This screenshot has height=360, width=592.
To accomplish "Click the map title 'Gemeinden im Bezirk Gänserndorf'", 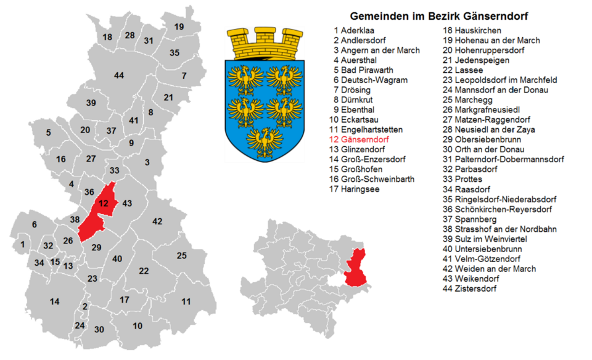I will pyautogui.click(x=439, y=15).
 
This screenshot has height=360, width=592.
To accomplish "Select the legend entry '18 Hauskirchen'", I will pyautogui.click(x=472, y=30).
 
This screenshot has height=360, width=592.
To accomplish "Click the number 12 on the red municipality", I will pyautogui.click(x=104, y=203).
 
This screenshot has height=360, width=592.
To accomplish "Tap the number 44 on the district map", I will pyautogui.click(x=119, y=75).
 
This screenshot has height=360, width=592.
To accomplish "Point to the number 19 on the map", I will pyautogui.click(x=179, y=27).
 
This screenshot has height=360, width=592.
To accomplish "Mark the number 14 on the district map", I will pyautogui.click(x=55, y=301).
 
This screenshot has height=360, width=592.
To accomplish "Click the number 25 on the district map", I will pyautogui.click(x=181, y=255).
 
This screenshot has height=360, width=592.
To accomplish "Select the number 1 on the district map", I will pyautogui.click(x=23, y=245).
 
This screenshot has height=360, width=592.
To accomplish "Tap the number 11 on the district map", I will pyautogui.click(x=186, y=301).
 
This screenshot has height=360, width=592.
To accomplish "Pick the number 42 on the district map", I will pyautogui.click(x=157, y=221).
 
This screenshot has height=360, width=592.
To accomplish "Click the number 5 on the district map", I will pyautogui.click(x=48, y=132).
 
